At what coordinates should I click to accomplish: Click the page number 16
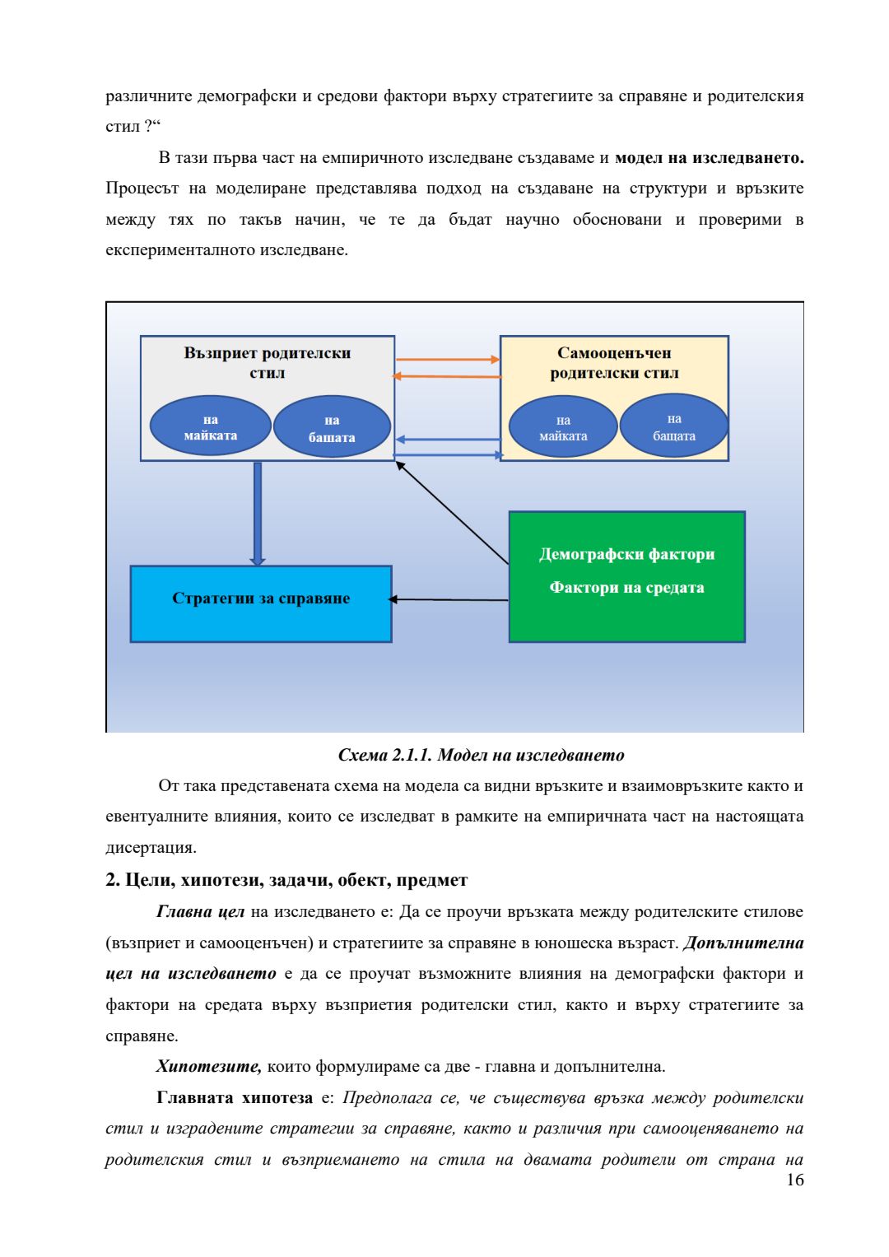point(794,1180)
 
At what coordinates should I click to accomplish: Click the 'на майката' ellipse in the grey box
point(211,427)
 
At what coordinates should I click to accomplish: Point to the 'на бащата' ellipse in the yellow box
point(674,427)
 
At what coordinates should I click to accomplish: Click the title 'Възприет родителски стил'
point(268,363)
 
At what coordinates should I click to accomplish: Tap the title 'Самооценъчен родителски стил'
point(614,363)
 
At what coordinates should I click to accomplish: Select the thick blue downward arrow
point(258,512)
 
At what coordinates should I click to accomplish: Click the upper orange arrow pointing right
point(447,360)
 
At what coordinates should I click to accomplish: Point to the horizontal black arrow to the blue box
point(449,599)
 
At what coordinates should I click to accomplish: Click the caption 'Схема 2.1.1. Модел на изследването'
point(481,755)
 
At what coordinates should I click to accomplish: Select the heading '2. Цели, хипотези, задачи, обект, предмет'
point(286,880)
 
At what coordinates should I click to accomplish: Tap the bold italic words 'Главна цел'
point(200,912)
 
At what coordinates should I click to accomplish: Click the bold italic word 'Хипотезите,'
point(209,1067)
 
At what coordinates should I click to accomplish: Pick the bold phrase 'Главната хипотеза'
point(235,1098)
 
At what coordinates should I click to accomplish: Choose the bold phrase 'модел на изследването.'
point(709,157)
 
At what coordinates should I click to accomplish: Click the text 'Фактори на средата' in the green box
point(626,588)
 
